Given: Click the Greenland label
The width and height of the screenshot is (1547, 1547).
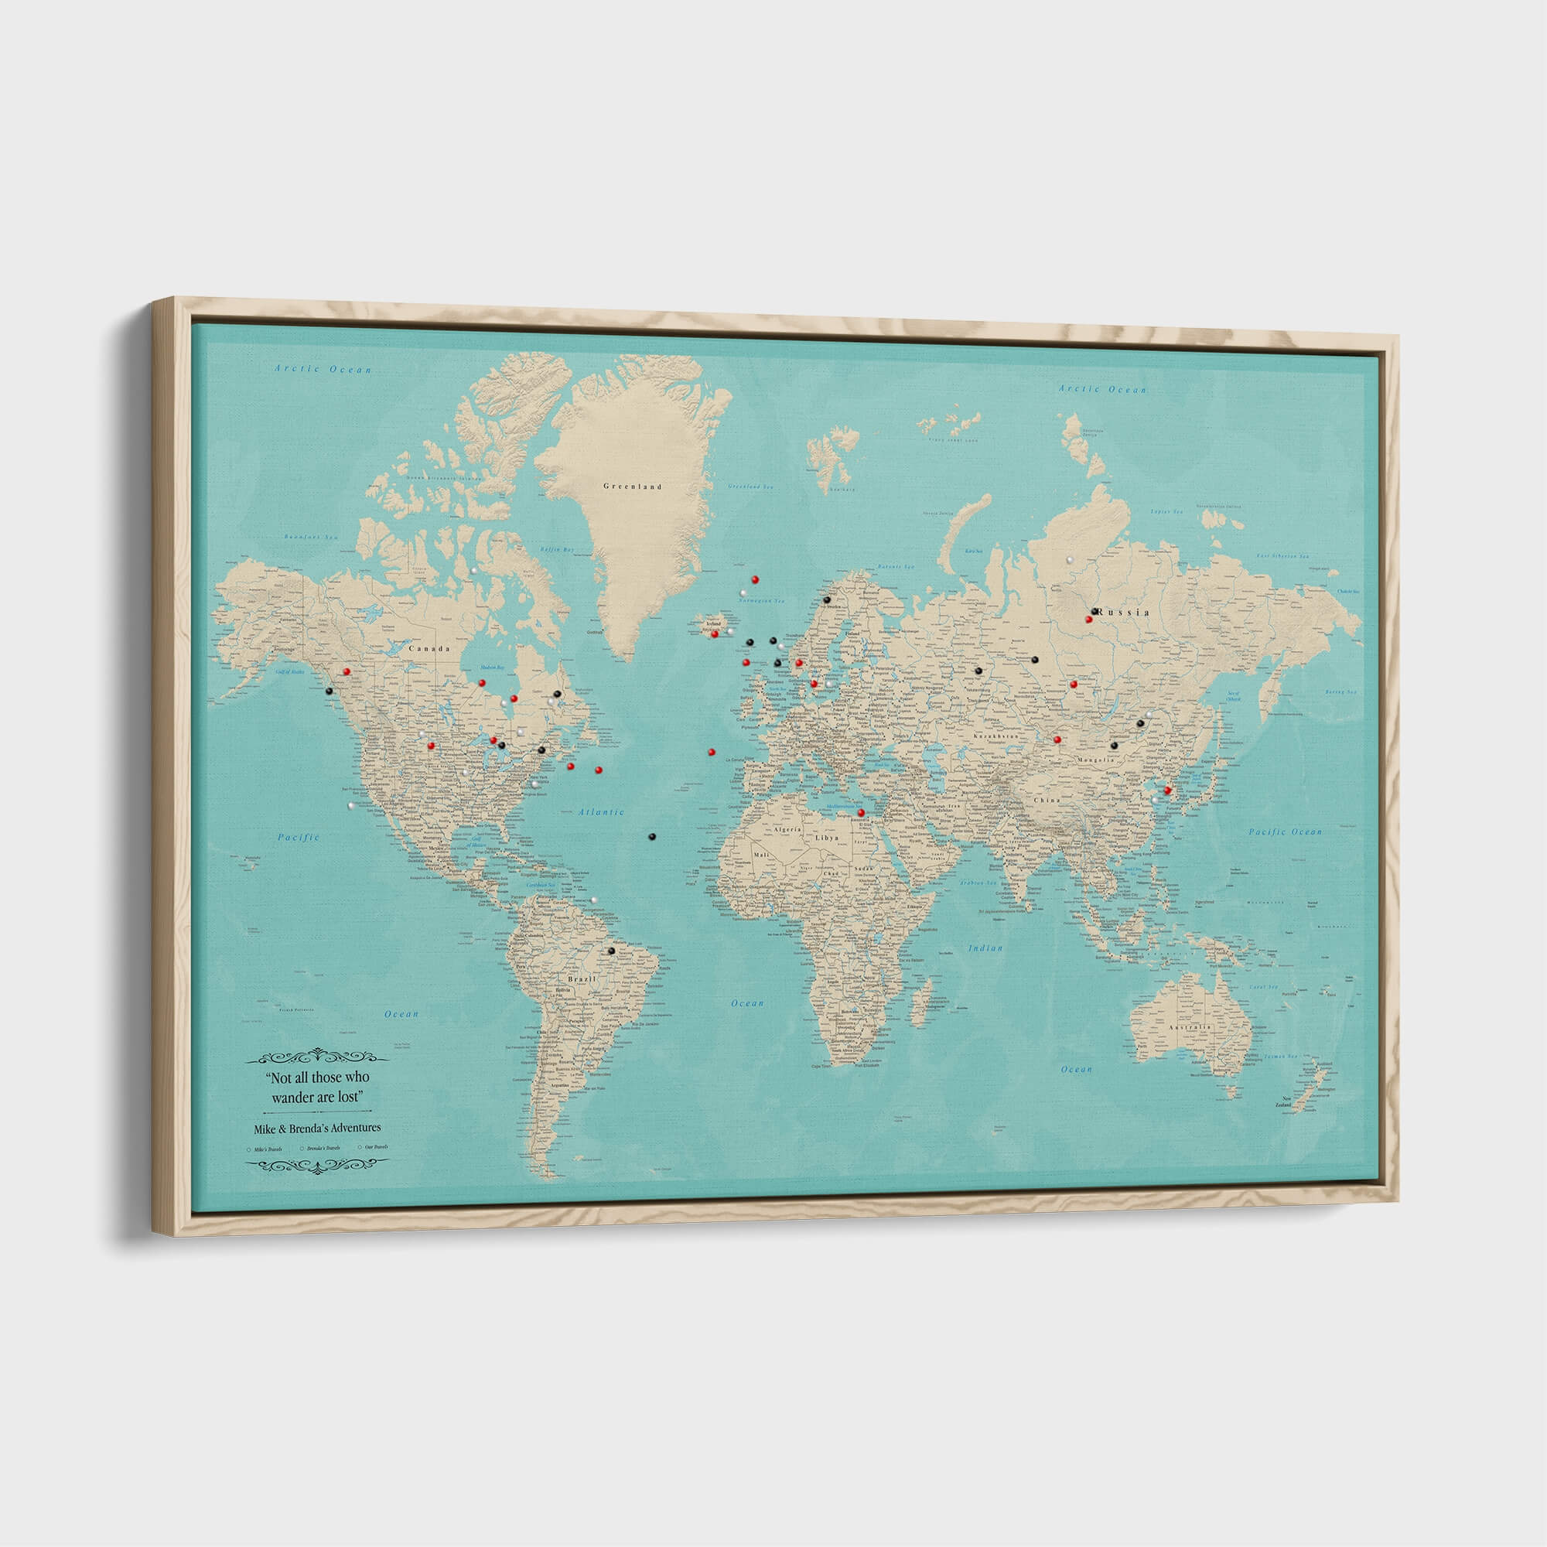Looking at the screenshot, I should point(633,486).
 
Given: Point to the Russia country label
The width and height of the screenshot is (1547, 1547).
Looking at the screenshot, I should point(1125,612).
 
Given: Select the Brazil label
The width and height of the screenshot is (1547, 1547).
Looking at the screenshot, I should point(582,979).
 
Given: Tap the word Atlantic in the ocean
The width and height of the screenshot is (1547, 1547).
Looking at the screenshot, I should point(600,812).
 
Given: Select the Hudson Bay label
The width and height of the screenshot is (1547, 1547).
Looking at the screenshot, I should point(491,667).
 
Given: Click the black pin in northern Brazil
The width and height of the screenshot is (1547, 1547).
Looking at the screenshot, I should point(611,951).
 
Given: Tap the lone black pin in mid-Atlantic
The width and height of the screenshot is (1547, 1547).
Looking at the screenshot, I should point(652,836).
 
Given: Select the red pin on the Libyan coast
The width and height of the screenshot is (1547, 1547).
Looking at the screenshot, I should point(861,812).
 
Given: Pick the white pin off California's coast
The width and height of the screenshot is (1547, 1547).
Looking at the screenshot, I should point(350,804).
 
